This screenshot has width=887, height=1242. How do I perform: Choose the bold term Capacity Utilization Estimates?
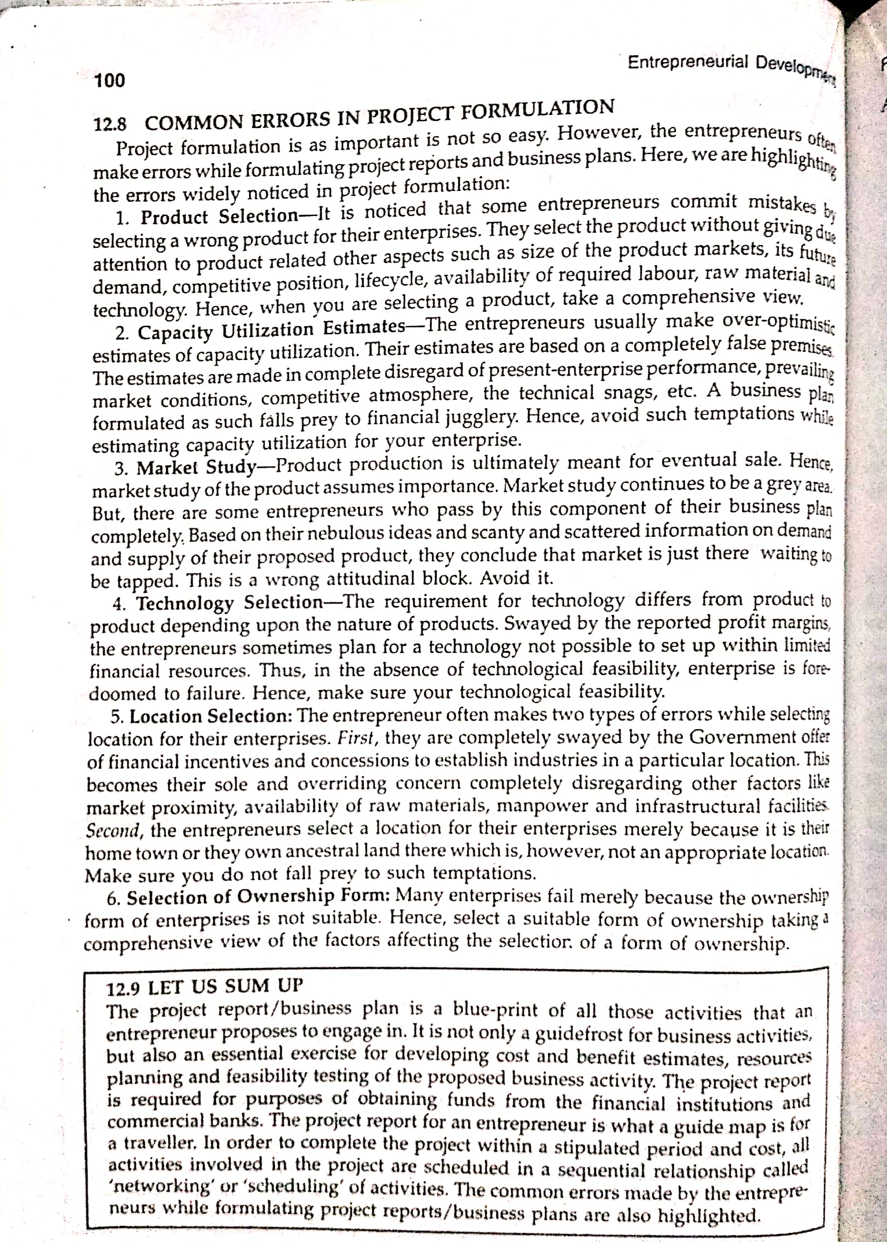[x=270, y=331]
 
